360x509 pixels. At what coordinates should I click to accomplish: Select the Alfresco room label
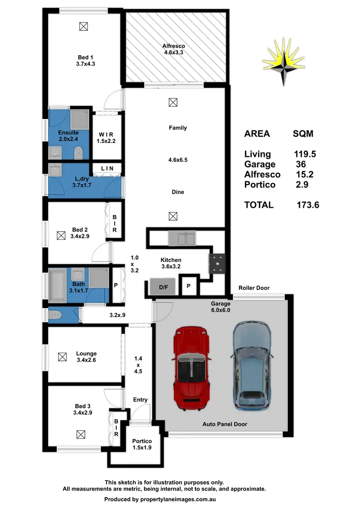point(173,47)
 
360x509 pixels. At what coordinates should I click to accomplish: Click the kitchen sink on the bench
point(181,237)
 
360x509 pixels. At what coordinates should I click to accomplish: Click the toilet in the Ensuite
point(79,153)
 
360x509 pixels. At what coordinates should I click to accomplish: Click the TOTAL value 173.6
point(308,205)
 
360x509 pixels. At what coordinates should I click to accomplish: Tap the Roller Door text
point(254,288)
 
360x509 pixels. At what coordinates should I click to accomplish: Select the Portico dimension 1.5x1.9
point(142,448)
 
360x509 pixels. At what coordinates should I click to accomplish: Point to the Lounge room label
point(86,354)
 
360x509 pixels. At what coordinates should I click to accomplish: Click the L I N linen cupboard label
point(108,168)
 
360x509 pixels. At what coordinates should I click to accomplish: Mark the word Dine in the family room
point(178,192)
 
